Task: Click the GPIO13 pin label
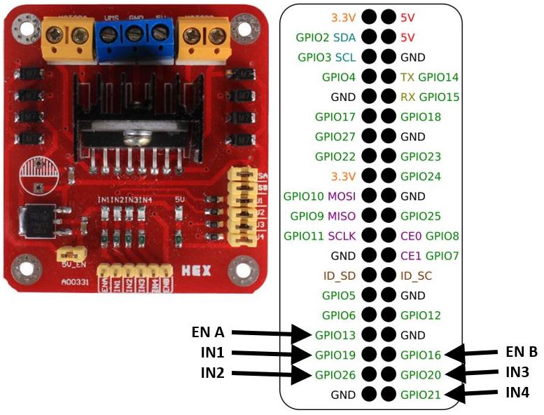pyautogui.click(x=335, y=336)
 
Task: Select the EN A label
pyautogui.click(x=209, y=332)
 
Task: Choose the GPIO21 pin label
pyautogui.click(x=421, y=395)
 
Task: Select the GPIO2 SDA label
pyautogui.click(x=326, y=36)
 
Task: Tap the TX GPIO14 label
pyautogui.click(x=429, y=76)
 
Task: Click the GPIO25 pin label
pyautogui.click(x=421, y=216)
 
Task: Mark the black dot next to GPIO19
pyautogui.click(x=368, y=355)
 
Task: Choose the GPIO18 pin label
pyautogui.click(x=421, y=116)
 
